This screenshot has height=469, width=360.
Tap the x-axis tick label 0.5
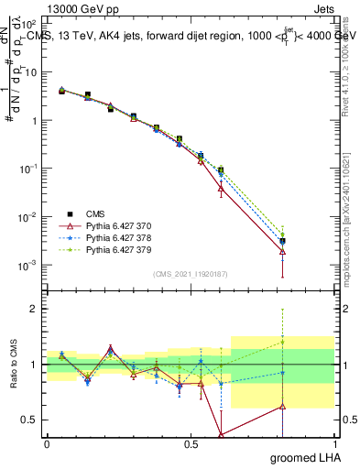click(x=191, y=444)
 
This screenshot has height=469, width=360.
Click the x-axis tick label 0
click(x=47, y=444)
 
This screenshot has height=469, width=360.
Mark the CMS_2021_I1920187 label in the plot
click(x=191, y=274)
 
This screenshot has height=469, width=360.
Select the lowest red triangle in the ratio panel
click(x=222, y=434)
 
